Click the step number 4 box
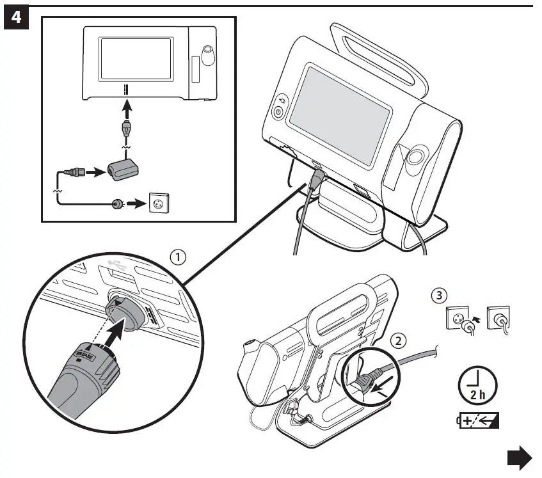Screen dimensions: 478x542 coord(17,17)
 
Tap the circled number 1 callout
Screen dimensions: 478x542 coord(178,257)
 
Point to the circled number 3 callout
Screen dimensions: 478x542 coord(437,296)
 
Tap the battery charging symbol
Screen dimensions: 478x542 coord(477,421)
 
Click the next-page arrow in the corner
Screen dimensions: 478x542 coord(519,459)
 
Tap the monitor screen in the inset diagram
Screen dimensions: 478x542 coord(136,58)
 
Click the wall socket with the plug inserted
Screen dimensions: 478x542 coord(499,317)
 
